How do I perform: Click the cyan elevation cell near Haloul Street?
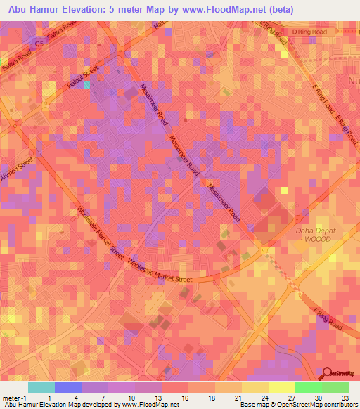87,85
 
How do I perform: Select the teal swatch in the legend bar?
41,387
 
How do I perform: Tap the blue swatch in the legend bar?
68,387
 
